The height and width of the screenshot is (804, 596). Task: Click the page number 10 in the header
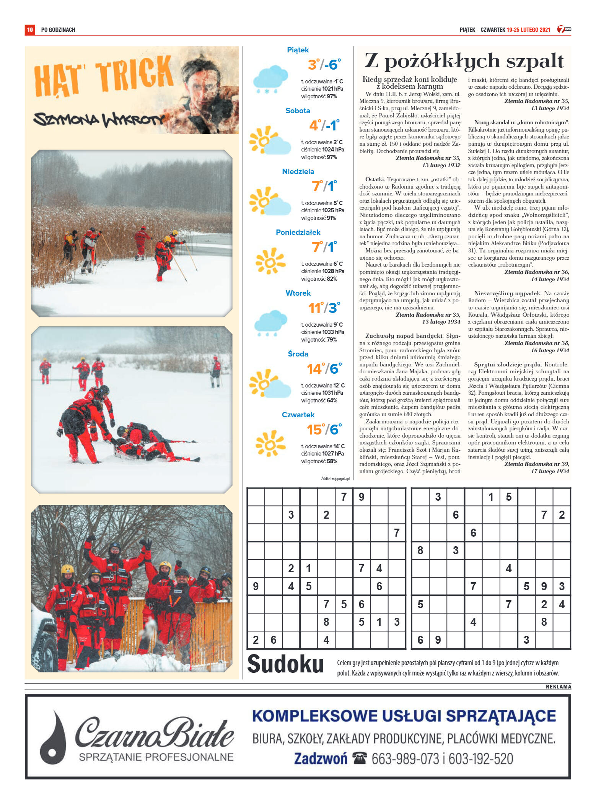pyautogui.click(x=30, y=29)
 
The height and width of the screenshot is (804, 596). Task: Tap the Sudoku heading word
pyautogui.click(x=285, y=664)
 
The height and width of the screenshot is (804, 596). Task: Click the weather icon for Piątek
pyautogui.click(x=270, y=79)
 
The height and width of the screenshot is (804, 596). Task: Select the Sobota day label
pyautogui.click(x=298, y=111)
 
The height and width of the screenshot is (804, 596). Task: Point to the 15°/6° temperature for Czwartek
pyautogui.click(x=324, y=430)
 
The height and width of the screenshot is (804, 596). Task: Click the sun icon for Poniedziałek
pyautogui.click(x=270, y=261)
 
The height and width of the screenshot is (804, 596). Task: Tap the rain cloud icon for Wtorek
pyautogui.click(x=270, y=323)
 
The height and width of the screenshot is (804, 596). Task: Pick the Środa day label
pyautogui.click(x=298, y=354)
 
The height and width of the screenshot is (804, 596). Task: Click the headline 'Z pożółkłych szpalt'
pyautogui.click(x=464, y=61)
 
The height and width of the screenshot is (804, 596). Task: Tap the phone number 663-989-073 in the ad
pyautogui.click(x=405, y=759)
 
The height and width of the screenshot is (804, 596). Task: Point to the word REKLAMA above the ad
pyautogui.click(x=558, y=687)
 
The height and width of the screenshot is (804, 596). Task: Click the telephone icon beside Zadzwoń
pyautogui.click(x=360, y=758)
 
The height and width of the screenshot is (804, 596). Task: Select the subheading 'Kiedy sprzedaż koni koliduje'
pyautogui.click(x=410, y=80)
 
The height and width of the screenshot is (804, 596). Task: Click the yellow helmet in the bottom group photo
pyautogui.click(x=67, y=570)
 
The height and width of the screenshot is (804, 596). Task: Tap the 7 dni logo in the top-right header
pyautogui.click(x=563, y=29)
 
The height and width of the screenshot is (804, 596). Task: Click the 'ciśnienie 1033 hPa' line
pyautogui.click(x=322, y=332)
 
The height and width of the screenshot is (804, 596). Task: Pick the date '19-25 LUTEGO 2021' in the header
pyautogui.click(x=528, y=29)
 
